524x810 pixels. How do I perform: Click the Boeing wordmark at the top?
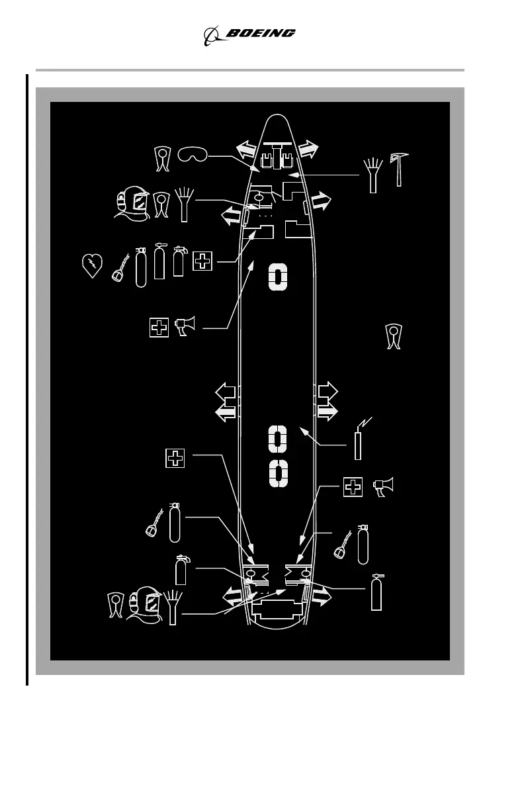click(261, 33)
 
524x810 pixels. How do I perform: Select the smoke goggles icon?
click(193, 155)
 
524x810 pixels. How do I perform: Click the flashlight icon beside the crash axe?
click(374, 173)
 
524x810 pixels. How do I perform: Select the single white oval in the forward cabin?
click(278, 278)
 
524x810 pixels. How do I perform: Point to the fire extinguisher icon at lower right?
click(376, 592)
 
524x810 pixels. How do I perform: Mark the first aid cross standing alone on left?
click(175, 458)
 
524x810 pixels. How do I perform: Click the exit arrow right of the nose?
click(308, 149)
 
